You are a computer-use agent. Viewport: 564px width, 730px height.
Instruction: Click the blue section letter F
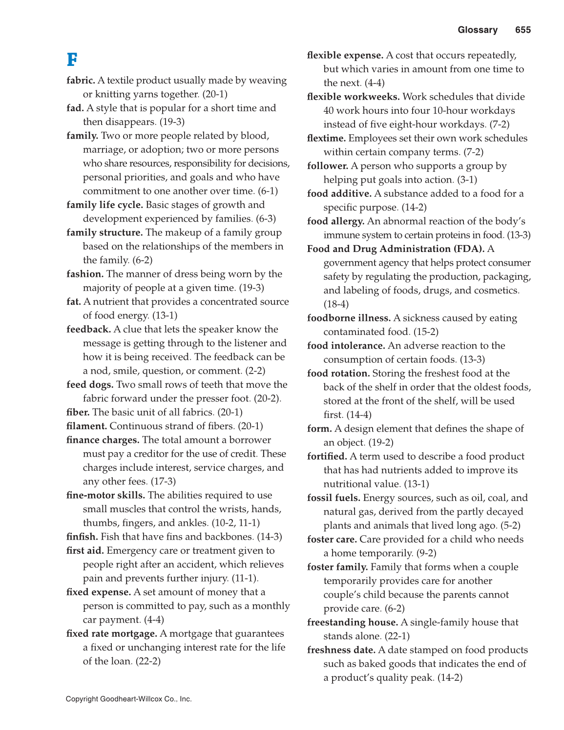point(72,60)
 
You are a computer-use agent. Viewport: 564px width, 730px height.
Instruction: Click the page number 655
point(522,30)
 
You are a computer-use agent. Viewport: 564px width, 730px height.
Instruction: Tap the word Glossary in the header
point(478,30)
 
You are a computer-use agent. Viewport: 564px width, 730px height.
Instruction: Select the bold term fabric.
point(81,81)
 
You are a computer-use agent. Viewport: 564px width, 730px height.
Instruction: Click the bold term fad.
point(75,108)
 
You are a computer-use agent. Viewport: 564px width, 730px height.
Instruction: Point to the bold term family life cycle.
point(104,205)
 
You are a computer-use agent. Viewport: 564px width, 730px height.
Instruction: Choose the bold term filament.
point(86,426)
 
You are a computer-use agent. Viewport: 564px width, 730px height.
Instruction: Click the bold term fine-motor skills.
point(105,495)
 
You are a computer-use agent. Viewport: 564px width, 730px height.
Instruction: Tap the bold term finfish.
point(82,537)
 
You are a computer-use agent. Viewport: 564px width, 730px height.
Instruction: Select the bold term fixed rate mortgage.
point(112,634)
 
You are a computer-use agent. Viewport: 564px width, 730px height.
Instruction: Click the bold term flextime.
point(326,139)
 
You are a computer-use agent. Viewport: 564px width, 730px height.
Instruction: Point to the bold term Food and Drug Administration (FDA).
point(396,249)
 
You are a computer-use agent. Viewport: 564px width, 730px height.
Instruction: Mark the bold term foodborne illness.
point(349,318)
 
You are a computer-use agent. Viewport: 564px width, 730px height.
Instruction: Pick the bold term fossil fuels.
point(334,498)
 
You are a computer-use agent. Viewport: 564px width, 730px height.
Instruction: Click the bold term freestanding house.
point(352,623)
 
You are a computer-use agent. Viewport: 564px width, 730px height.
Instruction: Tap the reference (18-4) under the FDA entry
point(336,304)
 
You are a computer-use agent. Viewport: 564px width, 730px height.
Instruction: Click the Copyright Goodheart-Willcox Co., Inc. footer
point(129,699)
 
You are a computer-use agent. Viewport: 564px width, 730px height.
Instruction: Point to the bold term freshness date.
point(341,650)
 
